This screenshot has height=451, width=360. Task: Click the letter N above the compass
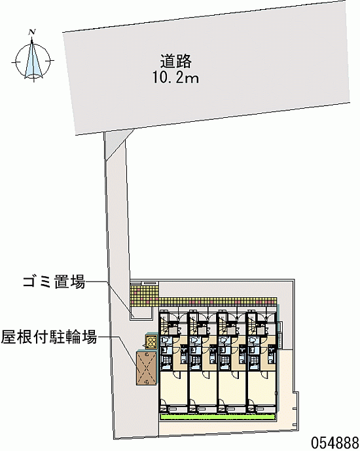[x=32, y=32]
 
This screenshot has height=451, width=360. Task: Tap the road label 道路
[x=176, y=61]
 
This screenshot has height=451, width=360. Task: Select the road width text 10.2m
[x=175, y=77]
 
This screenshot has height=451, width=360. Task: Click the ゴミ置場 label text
[x=54, y=281]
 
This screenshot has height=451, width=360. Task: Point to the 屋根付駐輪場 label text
[x=49, y=336]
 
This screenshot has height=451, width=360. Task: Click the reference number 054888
[x=334, y=442]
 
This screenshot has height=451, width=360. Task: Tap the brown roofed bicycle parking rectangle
[x=147, y=368]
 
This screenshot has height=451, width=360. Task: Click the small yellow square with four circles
[x=151, y=342]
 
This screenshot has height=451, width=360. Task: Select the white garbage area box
[x=141, y=312]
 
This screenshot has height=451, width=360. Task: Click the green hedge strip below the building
[x=218, y=417]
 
